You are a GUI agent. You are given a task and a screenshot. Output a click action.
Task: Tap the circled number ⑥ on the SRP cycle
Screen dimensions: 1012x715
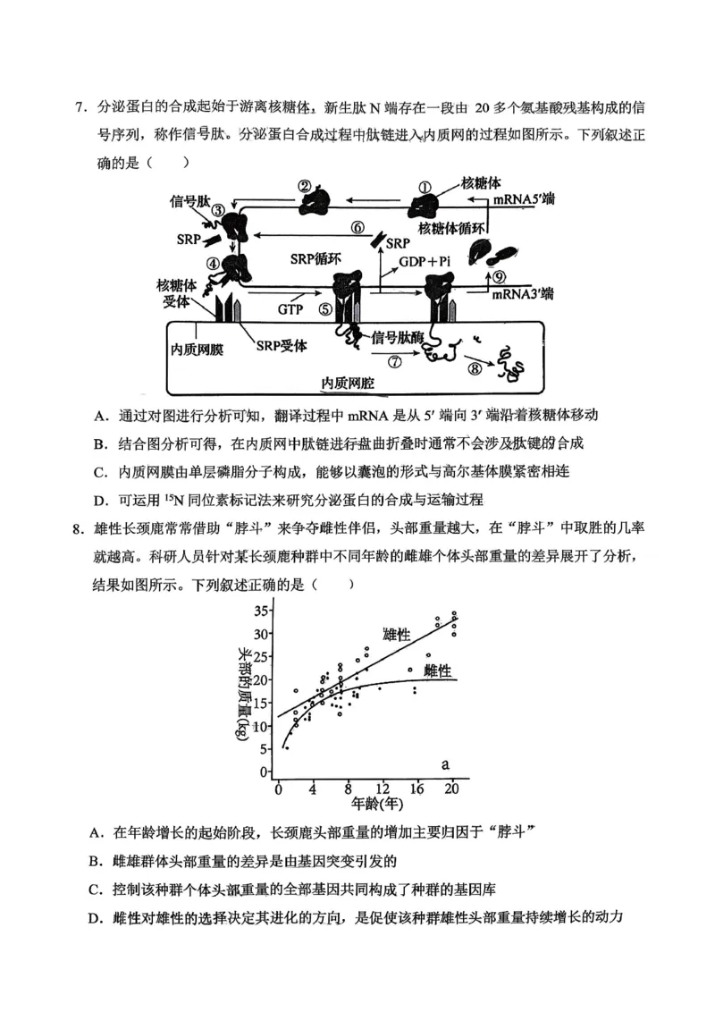point(358,227)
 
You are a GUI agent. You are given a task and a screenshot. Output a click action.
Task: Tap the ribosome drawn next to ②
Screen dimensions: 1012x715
point(315,205)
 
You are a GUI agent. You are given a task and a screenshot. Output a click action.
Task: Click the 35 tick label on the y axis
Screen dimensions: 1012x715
point(261,611)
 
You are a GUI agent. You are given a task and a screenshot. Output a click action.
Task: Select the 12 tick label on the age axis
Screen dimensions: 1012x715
point(382,788)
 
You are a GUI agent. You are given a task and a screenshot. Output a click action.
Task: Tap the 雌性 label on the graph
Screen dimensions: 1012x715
point(438,670)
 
